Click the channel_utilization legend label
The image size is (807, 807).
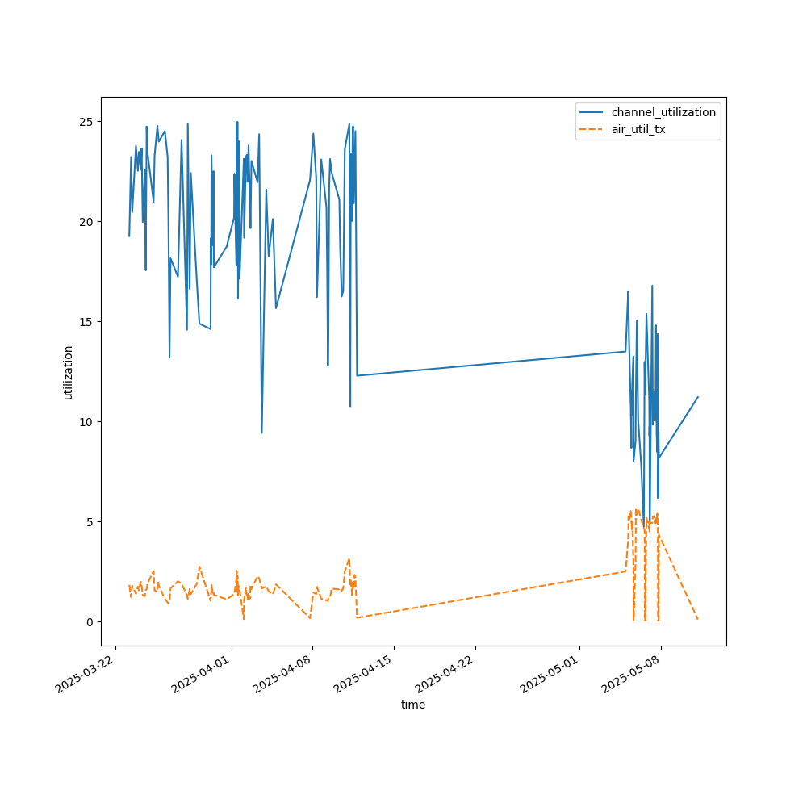click(x=663, y=112)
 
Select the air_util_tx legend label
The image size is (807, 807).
click(x=638, y=129)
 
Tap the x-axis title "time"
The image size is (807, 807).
click(x=413, y=705)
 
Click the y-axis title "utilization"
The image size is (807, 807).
click(x=69, y=372)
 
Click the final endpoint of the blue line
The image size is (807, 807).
click(x=698, y=397)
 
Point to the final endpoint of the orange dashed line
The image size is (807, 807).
click(x=698, y=620)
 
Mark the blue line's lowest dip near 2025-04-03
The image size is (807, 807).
click(x=261, y=433)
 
